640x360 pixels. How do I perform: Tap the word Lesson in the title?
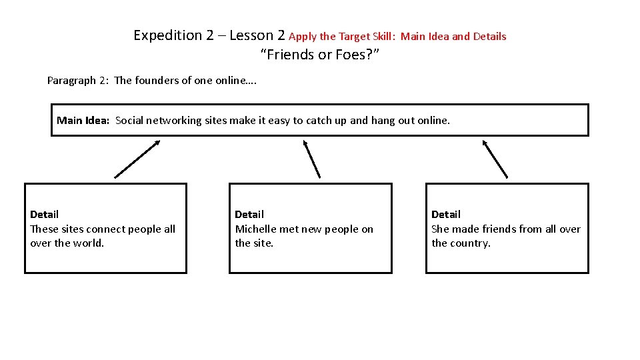(251, 35)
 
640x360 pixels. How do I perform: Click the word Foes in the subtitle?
(350, 55)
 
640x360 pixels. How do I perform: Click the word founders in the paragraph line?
(158, 81)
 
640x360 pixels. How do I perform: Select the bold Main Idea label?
(83, 121)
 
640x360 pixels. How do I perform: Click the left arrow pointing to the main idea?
(137, 159)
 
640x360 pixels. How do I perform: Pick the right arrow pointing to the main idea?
(495, 159)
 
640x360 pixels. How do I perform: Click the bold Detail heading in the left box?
(44, 215)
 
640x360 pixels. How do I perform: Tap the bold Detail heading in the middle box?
(249, 215)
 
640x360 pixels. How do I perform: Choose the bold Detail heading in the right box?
(446, 215)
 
